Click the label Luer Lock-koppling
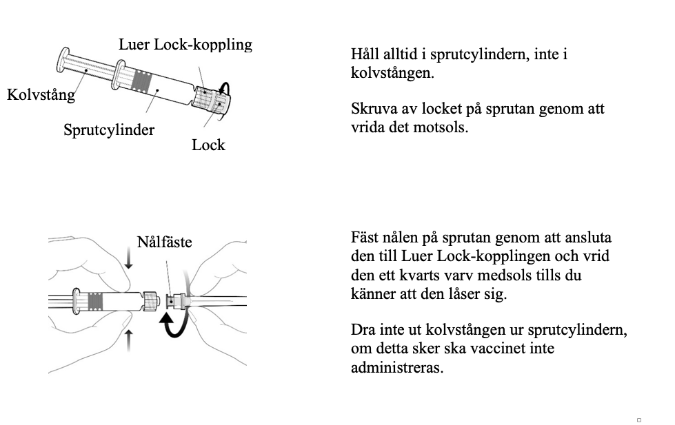tap(185, 45)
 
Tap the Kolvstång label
tap(41, 94)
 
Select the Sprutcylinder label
tap(109, 129)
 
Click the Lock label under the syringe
tap(208, 145)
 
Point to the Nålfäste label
tap(164, 242)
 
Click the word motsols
tap(441, 127)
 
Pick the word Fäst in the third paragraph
tap(365, 238)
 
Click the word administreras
tap(396, 367)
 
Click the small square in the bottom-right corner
tap(639, 419)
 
